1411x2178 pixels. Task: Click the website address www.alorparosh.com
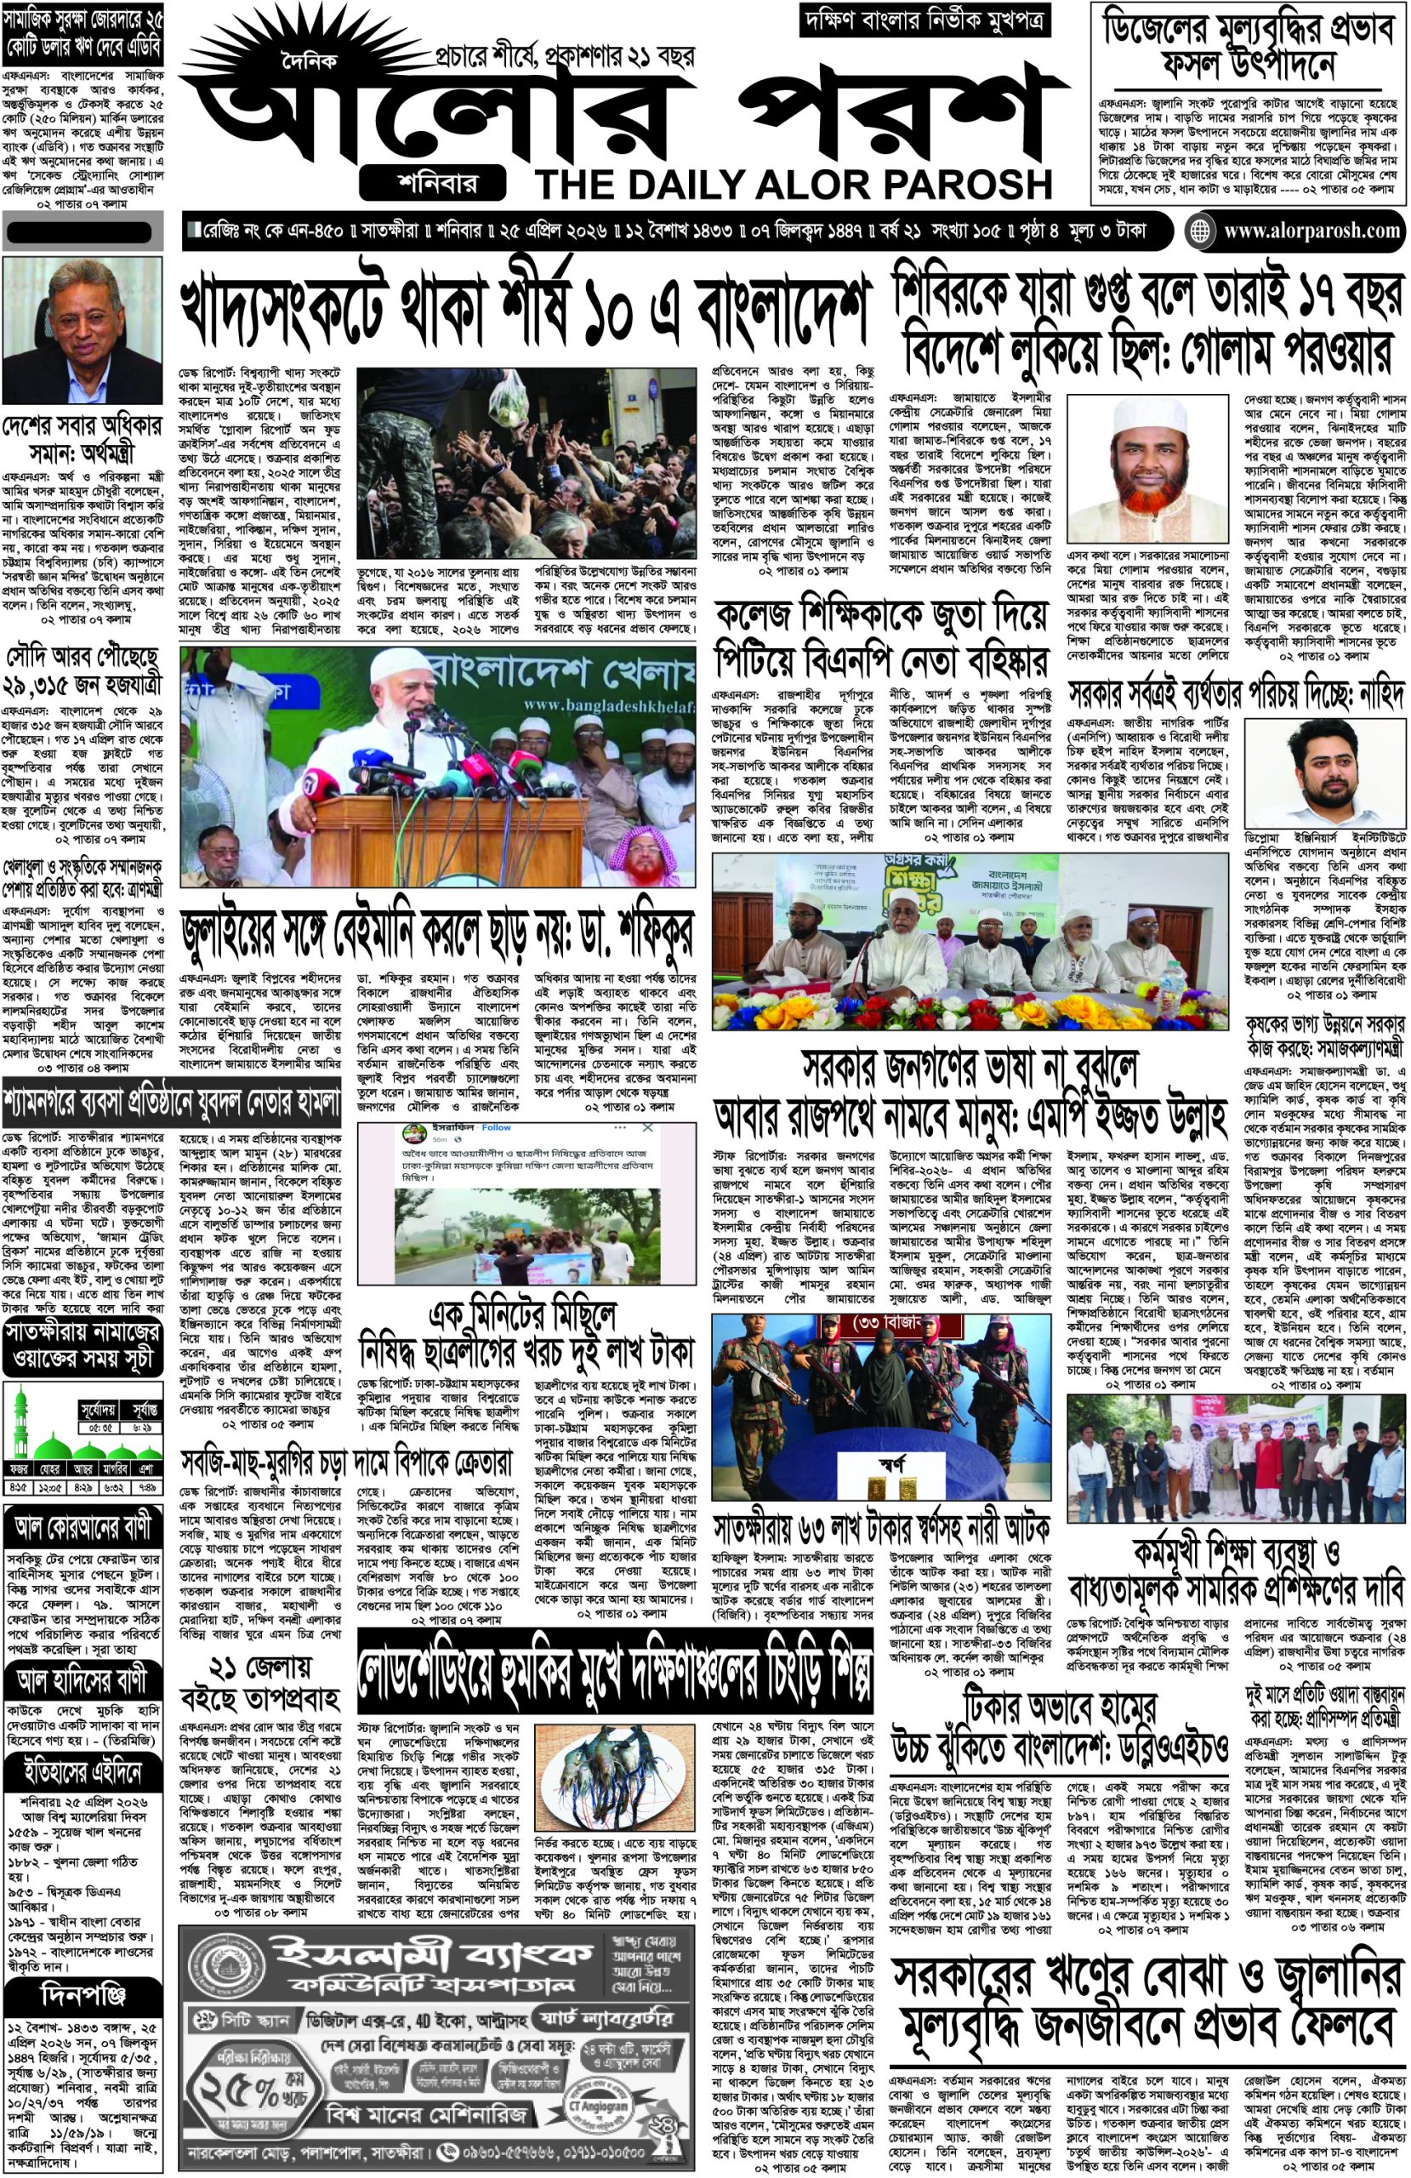[1309, 231]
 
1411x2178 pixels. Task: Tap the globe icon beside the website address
[1199, 231]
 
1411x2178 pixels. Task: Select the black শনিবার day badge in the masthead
[434, 181]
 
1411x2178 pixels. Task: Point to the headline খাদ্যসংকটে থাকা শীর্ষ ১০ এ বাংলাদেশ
[524, 312]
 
